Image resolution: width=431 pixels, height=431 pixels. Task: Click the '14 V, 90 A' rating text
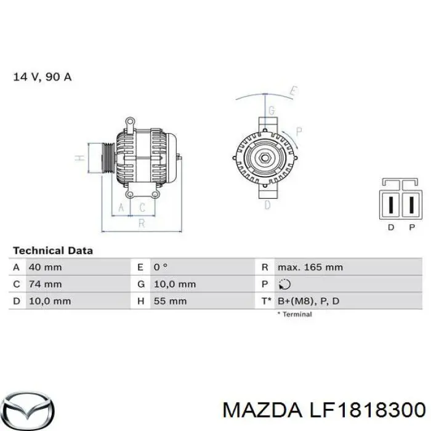point(42,78)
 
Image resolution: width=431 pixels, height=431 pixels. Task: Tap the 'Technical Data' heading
point(53,251)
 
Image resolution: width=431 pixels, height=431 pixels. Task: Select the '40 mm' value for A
point(45,267)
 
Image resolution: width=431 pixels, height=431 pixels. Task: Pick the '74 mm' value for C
point(45,284)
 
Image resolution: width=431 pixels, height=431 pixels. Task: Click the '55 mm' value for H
point(170,301)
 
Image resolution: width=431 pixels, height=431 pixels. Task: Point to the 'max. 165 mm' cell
point(310,267)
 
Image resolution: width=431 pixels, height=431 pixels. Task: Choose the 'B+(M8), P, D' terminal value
point(308,301)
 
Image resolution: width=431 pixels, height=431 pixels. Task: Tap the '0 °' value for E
point(161,267)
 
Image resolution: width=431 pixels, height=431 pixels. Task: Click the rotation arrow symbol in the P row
point(284,284)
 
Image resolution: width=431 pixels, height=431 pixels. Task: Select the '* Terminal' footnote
point(294,314)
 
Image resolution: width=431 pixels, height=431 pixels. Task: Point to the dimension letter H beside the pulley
point(79,158)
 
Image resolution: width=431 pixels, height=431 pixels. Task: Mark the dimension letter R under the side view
point(142,224)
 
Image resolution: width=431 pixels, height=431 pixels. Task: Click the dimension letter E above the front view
point(294,92)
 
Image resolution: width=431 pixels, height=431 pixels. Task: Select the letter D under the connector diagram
point(390,228)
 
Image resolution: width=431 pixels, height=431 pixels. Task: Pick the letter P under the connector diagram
point(411,228)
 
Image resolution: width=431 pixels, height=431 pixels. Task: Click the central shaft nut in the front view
point(265,158)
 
